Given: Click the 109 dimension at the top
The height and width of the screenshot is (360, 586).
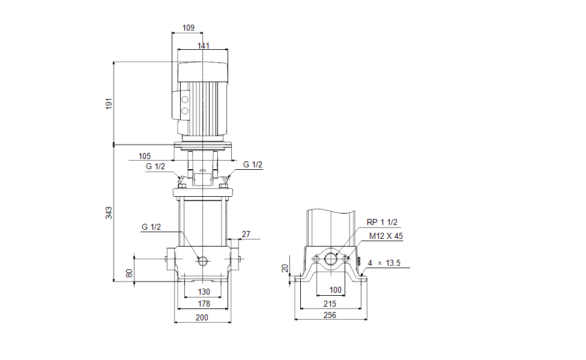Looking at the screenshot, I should tap(188, 28).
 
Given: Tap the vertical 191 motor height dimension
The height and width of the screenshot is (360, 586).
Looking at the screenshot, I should tap(109, 103).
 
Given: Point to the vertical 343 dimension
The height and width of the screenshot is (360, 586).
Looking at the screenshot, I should tap(109, 212).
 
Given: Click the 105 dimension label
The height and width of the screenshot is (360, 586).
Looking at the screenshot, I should tap(144, 156).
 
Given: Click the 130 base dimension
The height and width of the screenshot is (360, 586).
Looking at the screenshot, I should tap(204, 292).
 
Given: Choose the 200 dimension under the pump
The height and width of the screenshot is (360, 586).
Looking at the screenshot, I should tap(202, 317).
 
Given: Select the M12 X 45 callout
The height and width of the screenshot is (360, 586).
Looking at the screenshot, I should tap(386, 236).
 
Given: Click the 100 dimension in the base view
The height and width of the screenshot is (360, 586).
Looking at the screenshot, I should tap(336, 290).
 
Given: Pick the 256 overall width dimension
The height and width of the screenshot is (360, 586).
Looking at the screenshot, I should tap(330, 315).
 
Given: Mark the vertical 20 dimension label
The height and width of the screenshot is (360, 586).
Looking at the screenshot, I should tap(285, 268).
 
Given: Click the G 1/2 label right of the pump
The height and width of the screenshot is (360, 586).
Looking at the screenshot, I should tap(253, 165).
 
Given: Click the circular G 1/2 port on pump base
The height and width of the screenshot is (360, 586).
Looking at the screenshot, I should tap(202, 260).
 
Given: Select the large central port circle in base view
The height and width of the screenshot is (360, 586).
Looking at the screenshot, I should tap(331, 259).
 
